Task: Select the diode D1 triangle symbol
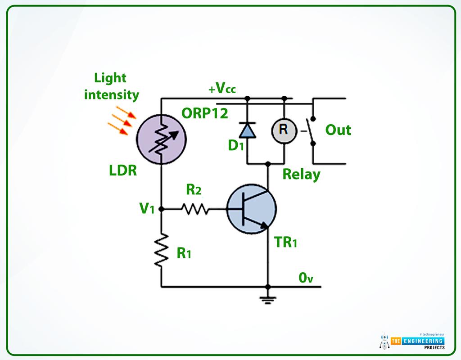click(x=247, y=130)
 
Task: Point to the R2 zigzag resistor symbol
click(x=194, y=209)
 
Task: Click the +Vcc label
click(x=222, y=89)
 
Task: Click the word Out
click(x=338, y=130)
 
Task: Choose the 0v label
click(x=306, y=278)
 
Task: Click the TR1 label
click(x=286, y=243)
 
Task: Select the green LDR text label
click(x=122, y=171)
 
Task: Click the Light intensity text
click(x=111, y=86)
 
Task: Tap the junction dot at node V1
click(x=161, y=209)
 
